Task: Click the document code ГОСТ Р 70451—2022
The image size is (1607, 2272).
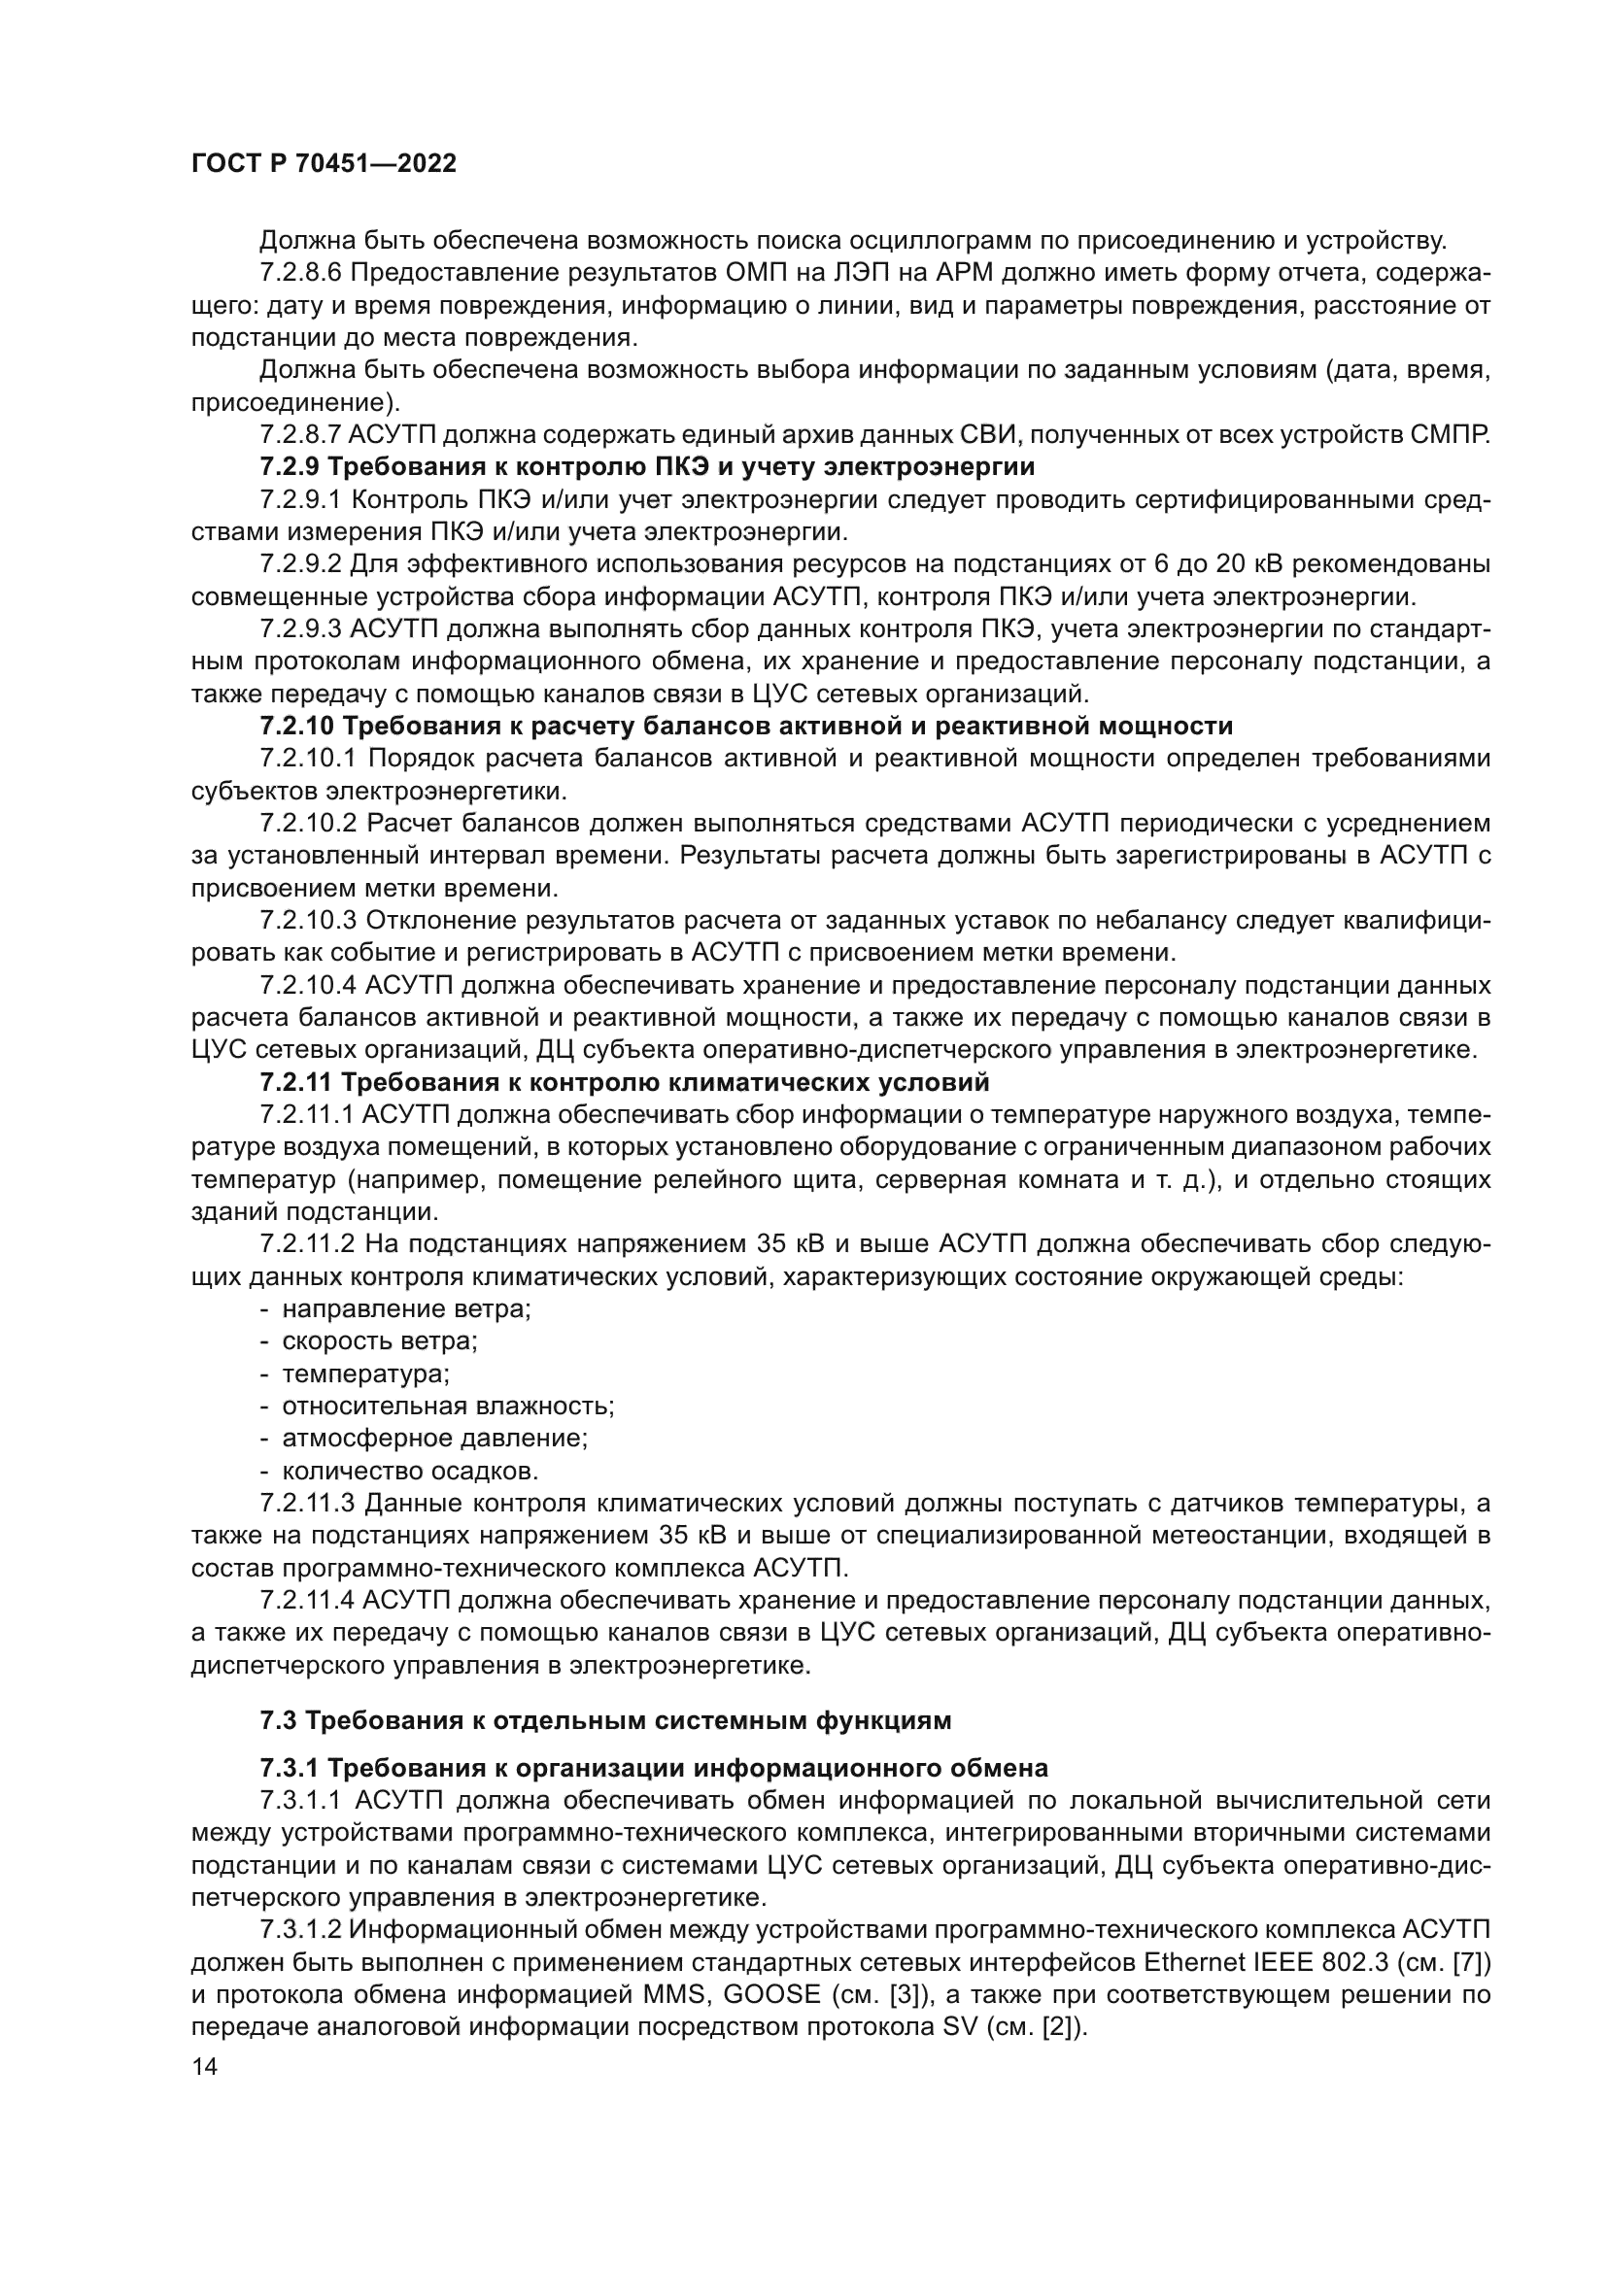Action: coord(324,164)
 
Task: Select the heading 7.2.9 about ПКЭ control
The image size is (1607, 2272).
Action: coord(647,466)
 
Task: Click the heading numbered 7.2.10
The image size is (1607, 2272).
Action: coord(746,727)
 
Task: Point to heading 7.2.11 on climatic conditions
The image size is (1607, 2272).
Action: coord(625,1082)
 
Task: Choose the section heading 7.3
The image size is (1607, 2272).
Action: coord(604,1721)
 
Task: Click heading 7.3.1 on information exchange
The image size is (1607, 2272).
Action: coord(653,1767)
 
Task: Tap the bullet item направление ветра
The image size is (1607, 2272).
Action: coord(407,1309)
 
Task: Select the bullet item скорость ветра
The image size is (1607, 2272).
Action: coord(380,1341)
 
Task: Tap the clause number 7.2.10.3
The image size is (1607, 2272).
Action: coord(308,920)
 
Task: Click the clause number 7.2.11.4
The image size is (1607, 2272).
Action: coord(308,1601)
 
